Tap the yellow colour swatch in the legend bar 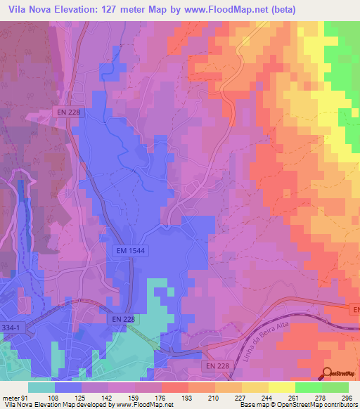[281, 387]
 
